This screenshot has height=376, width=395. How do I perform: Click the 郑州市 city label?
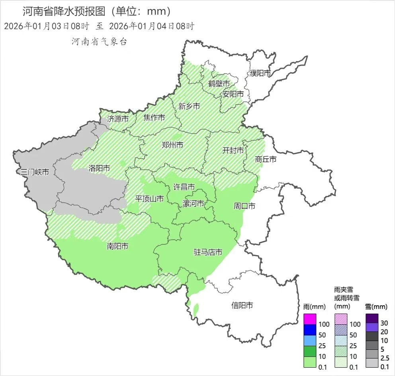[172, 145]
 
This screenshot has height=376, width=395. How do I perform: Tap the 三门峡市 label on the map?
[35, 172]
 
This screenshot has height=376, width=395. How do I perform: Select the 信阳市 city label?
[242, 305]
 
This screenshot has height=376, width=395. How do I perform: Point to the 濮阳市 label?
[260, 73]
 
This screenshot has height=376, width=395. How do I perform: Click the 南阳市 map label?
[117, 246]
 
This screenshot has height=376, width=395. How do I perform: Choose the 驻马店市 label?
[208, 252]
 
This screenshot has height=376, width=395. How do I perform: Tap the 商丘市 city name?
[266, 159]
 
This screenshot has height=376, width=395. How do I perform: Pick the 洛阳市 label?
[99, 168]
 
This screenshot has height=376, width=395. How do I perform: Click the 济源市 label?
[118, 118]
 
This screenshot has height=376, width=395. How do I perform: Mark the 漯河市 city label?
[193, 204]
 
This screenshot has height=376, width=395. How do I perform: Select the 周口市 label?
[244, 206]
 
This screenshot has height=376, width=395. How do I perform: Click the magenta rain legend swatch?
[310, 319]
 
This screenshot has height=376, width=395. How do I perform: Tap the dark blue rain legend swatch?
[310, 330]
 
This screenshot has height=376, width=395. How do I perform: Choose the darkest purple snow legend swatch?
[372, 318]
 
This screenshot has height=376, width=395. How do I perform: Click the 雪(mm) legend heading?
[376, 307]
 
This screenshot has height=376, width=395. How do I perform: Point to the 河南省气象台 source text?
[99, 42]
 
